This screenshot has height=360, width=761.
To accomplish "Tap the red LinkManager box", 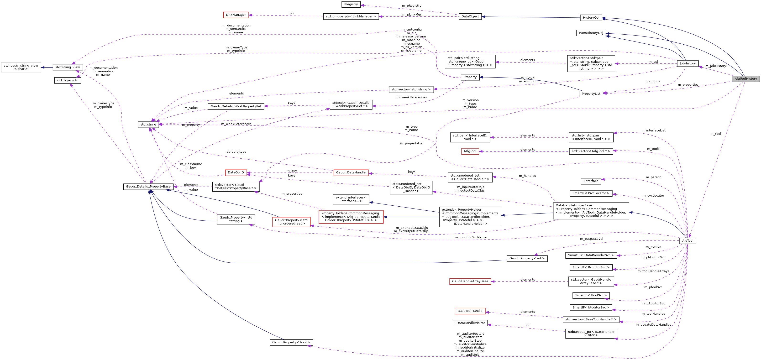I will tap(236, 15).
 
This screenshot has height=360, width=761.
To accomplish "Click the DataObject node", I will tap(470, 16).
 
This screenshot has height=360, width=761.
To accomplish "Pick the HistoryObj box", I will tap(591, 18).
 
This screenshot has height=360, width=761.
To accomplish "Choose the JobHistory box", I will tap(688, 63).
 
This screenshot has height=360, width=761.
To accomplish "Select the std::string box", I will tap(148, 125).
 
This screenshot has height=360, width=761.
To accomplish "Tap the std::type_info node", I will tap(68, 80).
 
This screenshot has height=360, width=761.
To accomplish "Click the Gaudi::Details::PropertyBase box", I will tap(148, 187).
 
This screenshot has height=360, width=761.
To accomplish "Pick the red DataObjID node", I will tap(236, 172).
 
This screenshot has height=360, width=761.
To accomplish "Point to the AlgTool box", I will tap(688, 241).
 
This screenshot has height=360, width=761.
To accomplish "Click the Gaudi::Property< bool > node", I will tap(291, 343).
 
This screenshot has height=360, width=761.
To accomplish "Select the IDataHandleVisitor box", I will tap(470, 323).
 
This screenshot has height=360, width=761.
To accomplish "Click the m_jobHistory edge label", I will tap(715, 66).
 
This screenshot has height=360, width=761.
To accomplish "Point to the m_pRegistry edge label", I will tap(411, 6).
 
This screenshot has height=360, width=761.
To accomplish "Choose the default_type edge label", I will tap(236, 152).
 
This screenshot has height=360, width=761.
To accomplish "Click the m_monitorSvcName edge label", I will tap(471, 237).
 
